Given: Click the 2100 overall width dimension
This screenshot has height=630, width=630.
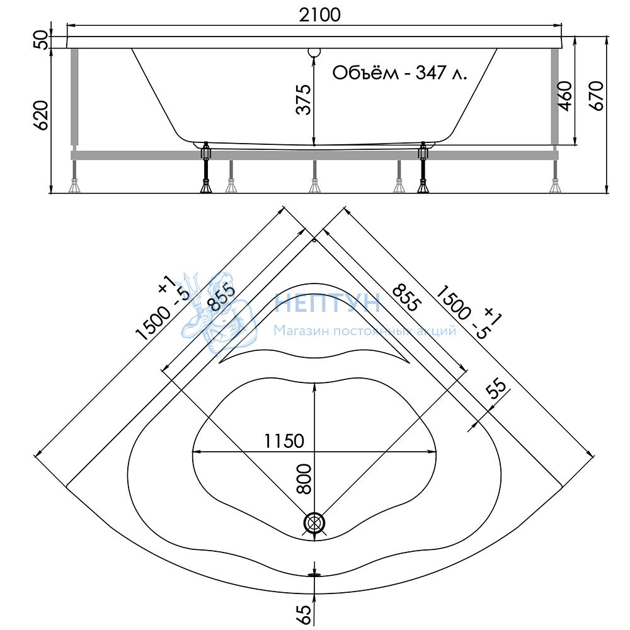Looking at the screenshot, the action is (320, 15).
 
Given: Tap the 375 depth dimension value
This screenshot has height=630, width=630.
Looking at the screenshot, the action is (304, 100).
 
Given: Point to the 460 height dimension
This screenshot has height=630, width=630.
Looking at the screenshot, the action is (565, 96).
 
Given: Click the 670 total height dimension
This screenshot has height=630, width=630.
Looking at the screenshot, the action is (597, 96).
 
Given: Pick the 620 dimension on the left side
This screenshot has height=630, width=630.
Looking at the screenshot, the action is (40, 115).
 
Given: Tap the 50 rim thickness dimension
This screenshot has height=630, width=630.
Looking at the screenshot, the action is (40, 39).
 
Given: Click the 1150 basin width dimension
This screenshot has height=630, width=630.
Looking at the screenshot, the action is (284, 441).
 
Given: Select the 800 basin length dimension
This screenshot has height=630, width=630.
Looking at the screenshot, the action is (304, 479).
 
